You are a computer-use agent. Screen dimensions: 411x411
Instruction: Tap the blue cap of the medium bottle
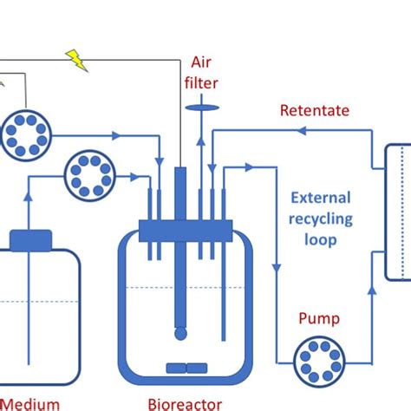point(30,240)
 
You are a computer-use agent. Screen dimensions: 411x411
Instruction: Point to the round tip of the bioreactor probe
point(179,333)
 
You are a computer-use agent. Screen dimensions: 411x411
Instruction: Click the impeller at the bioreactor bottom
point(186,368)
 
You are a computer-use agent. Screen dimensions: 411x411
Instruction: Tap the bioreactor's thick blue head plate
point(186,229)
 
